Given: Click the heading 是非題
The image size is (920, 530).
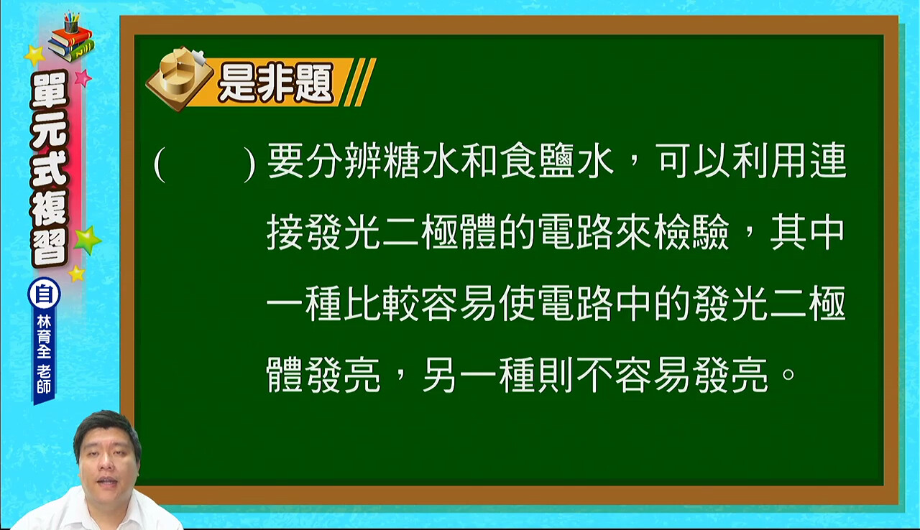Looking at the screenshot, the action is [275, 83].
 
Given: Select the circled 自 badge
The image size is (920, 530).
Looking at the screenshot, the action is [44, 294].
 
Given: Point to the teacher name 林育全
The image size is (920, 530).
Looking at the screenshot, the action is [44, 337].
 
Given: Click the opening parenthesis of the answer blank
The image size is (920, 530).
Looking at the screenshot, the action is [160, 164].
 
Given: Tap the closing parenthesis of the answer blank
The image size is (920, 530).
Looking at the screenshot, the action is [249, 164].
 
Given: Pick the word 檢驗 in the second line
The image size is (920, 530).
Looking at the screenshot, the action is [692, 232].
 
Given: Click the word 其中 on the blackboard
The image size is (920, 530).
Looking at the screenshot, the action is [806, 232].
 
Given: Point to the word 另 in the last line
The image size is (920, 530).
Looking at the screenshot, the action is [439, 376].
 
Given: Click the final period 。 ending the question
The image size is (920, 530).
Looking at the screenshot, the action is [788, 375].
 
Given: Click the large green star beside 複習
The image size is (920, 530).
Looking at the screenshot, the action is [87, 240].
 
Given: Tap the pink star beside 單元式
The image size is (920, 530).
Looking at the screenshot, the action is [83, 78].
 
